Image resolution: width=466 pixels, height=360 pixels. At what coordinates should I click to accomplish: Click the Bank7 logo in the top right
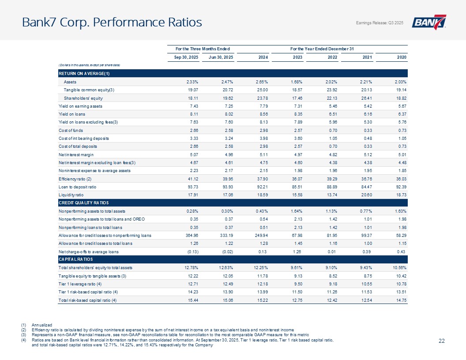(429, 23)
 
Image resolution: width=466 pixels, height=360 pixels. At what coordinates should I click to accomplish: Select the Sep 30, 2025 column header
(182, 57)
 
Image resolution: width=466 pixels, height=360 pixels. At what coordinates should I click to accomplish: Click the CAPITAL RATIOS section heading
(72, 259)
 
